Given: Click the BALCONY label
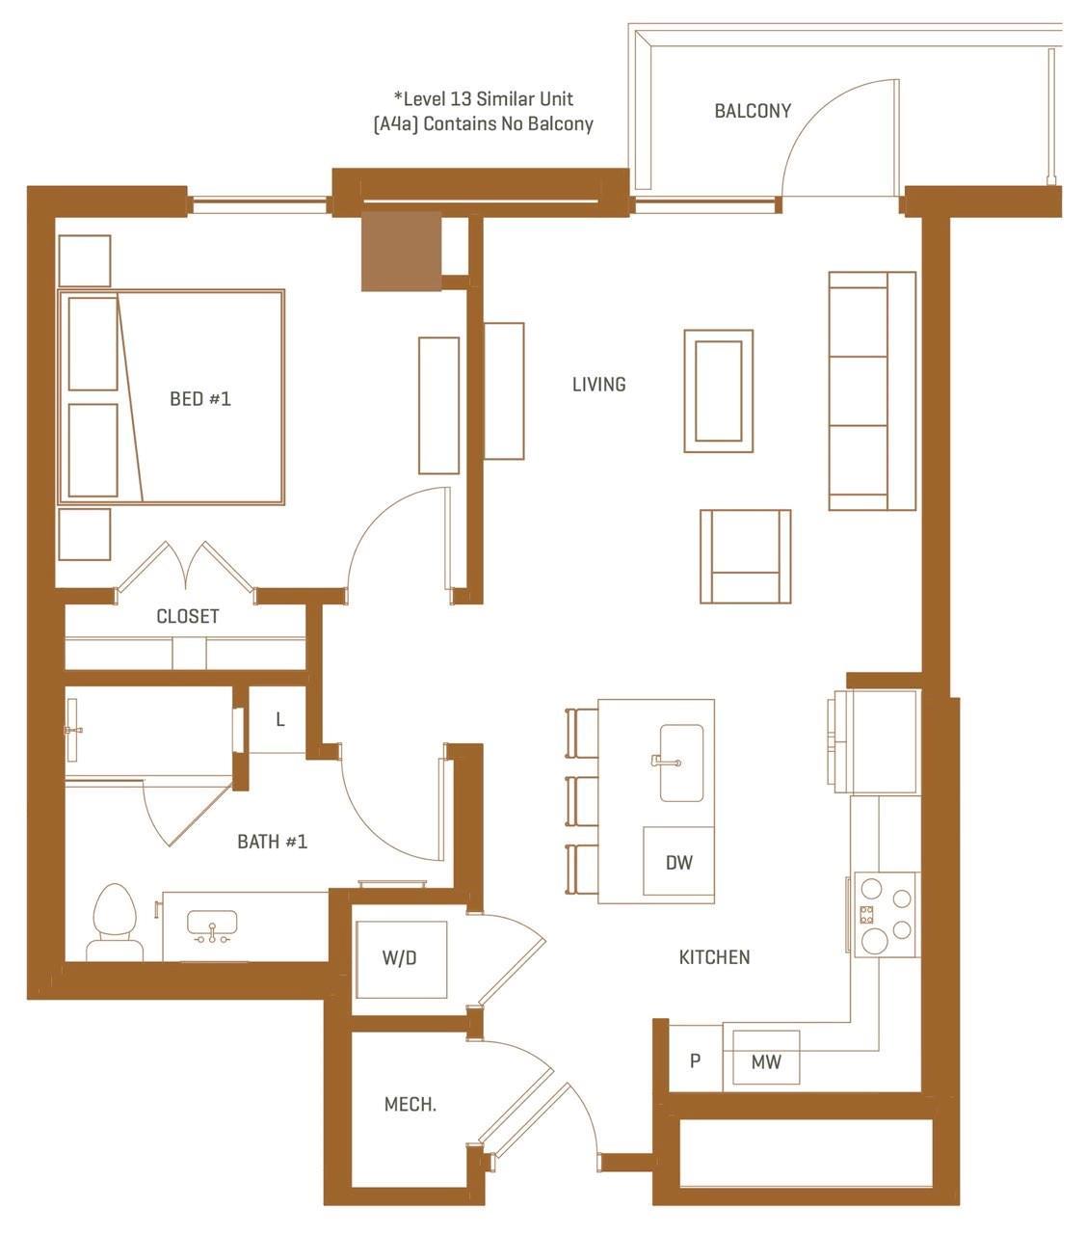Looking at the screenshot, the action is [x=753, y=111].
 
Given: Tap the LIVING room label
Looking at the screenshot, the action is [x=599, y=385].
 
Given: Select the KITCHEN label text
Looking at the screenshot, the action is [x=714, y=957].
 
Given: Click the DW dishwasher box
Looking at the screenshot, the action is [x=679, y=861].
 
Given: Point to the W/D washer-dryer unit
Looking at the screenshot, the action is [x=401, y=959].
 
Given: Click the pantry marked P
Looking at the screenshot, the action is [x=696, y=1060].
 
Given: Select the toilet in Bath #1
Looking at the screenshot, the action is [x=115, y=923].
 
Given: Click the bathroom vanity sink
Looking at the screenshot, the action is [x=212, y=926].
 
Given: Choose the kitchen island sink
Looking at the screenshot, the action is [x=681, y=763].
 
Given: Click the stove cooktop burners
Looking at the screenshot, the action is [x=886, y=914].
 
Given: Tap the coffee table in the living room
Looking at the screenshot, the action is [x=719, y=391].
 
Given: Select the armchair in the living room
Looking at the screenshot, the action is [x=745, y=556].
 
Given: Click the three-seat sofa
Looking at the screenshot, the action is [x=872, y=390].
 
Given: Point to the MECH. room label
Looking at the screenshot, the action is [x=410, y=1104].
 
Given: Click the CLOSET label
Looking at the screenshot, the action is [x=188, y=616].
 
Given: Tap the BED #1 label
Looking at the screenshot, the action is [x=200, y=399].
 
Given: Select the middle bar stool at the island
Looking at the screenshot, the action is [x=582, y=800].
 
